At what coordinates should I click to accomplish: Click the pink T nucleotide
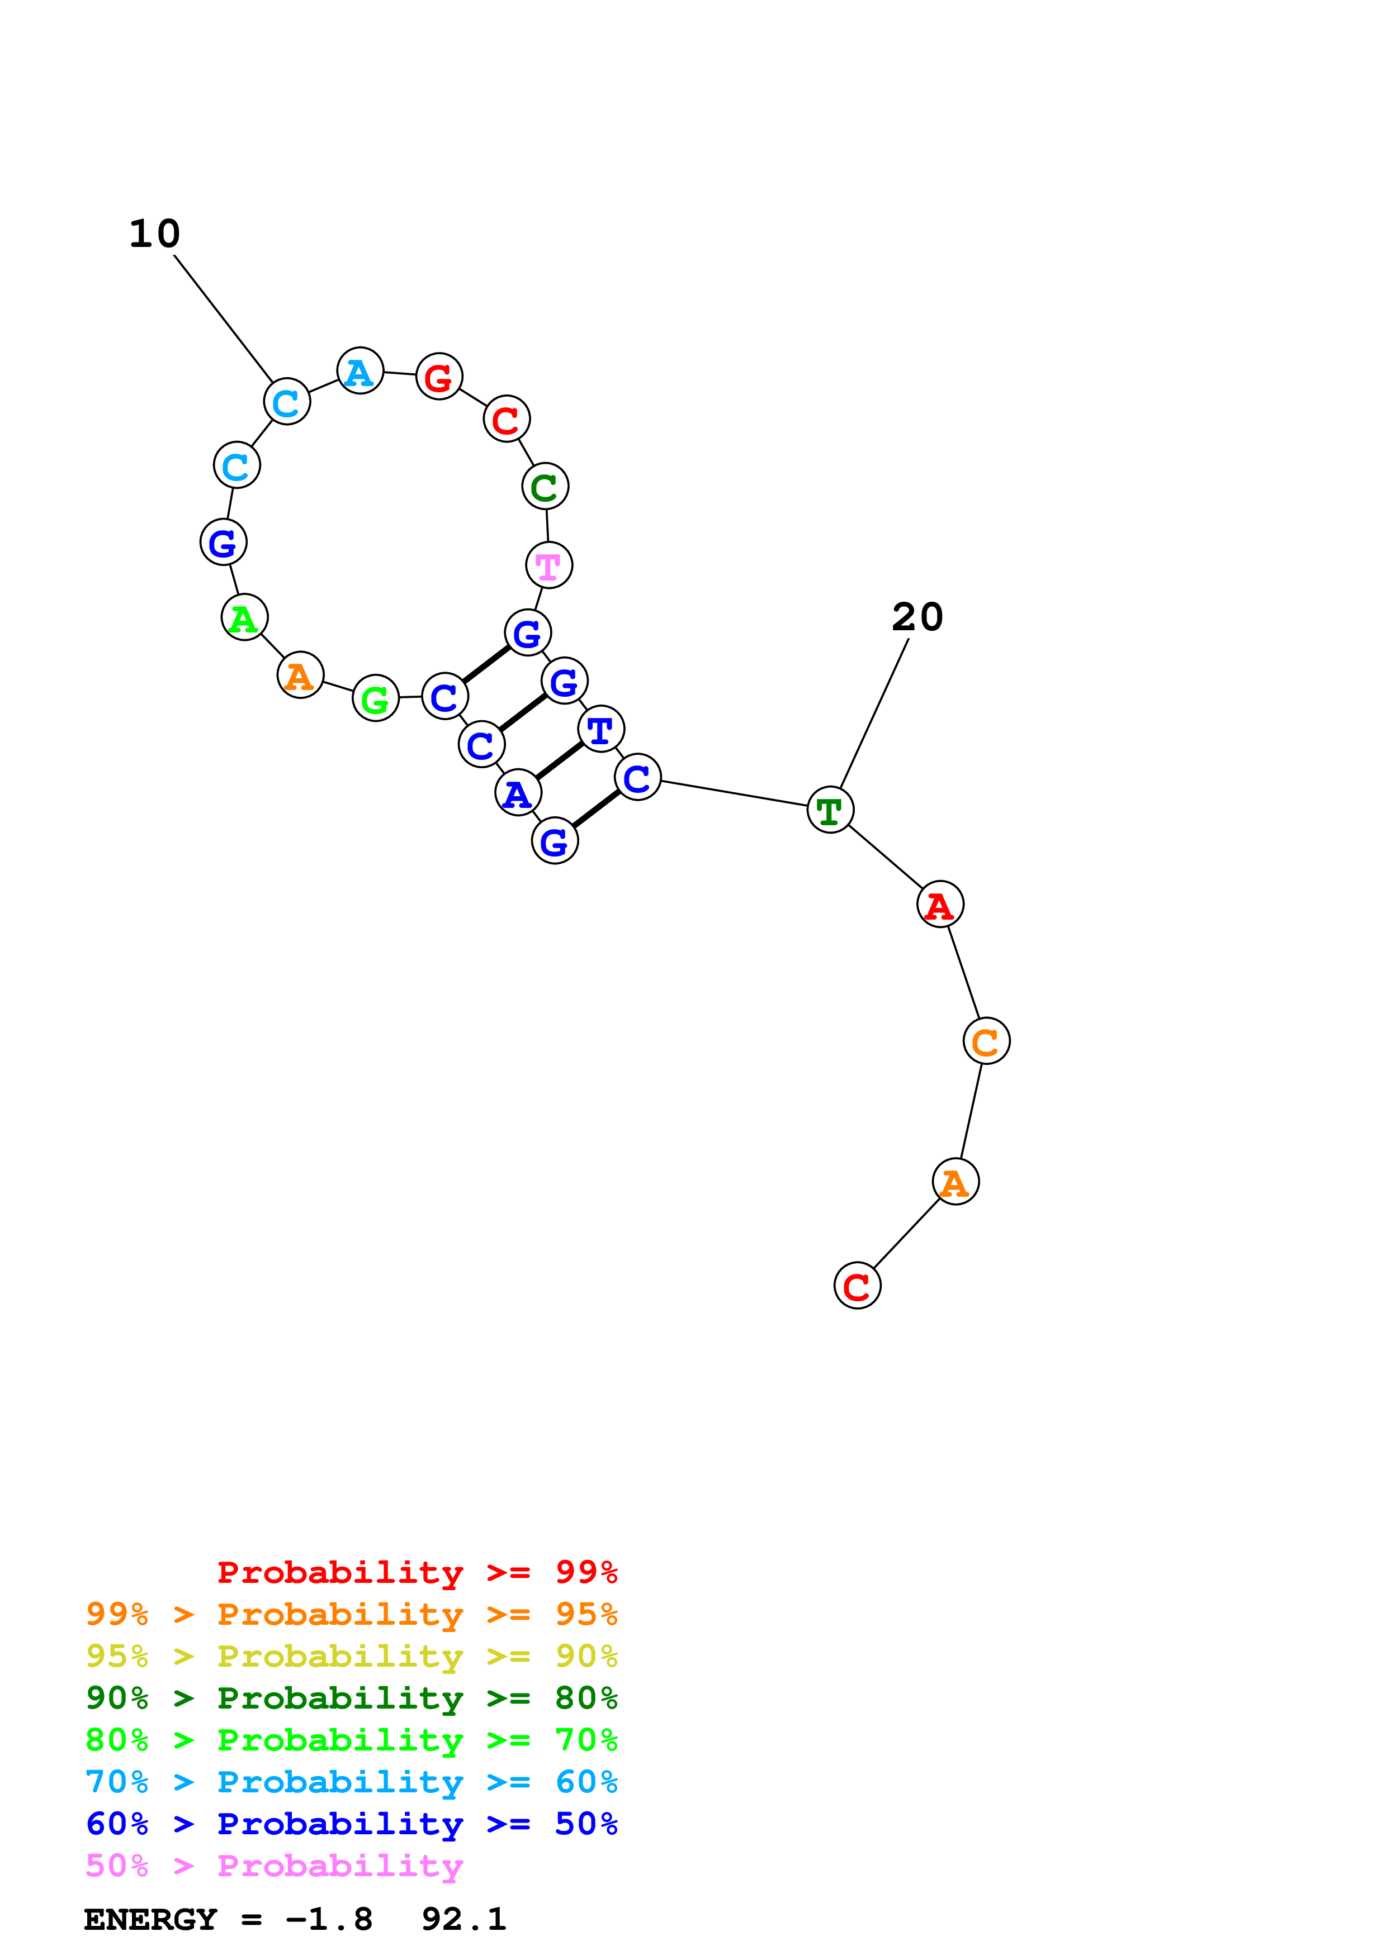pos(548,565)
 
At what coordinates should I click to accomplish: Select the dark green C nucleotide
pos(545,487)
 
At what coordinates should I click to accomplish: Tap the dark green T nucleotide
pos(830,810)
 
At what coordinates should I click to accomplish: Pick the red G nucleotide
pos(439,377)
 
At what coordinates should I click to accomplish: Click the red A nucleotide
pos(940,905)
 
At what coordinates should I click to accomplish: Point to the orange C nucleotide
pos(986,1041)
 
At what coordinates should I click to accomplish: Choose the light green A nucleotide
pos(244,618)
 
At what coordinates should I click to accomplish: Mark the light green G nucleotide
pos(376,699)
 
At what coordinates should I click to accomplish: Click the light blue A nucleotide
pos(359,372)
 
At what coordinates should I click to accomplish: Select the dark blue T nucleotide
pos(601,730)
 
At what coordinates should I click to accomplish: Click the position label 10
pos(154,234)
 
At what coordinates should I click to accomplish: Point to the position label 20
pos(917,617)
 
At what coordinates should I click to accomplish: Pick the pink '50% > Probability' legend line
pos(274,1866)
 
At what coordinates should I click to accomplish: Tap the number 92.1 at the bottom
pos(463,1920)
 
